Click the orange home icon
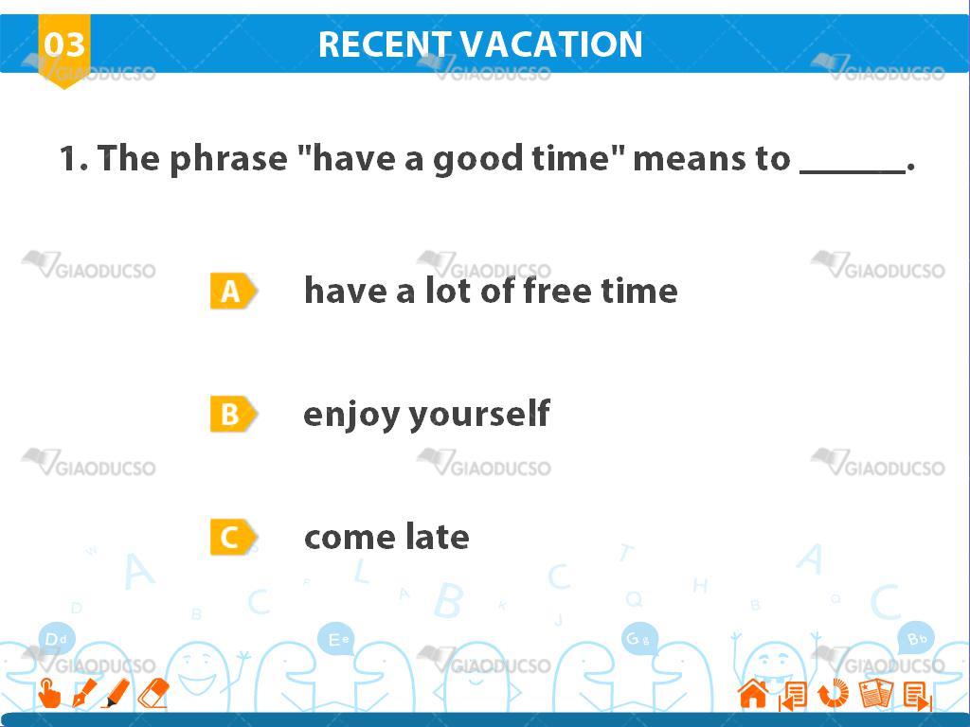pyautogui.click(x=753, y=693)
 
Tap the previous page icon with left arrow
pyautogui.click(x=793, y=695)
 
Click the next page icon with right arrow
pyautogui.click(x=917, y=696)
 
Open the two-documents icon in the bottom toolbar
pyautogui.click(x=876, y=693)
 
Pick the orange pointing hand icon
pyautogui.click(x=49, y=693)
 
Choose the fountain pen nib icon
pyautogui.click(x=84, y=693)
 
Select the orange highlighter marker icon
pyautogui.click(x=116, y=693)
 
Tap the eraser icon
pyautogui.click(x=153, y=693)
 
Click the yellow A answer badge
pyautogui.click(x=233, y=291)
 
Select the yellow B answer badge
pyautogui.click(x=233, y=414)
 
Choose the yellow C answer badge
pyautogui.click(x=233, y=538)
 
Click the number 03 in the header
pyautogui.click(x=64, y=44)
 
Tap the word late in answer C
pyautogui.click(x=438, y=537)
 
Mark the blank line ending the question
pyautogui.click(x=853, y=172)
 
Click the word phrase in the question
pyautogui.click(x=229, y=159)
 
